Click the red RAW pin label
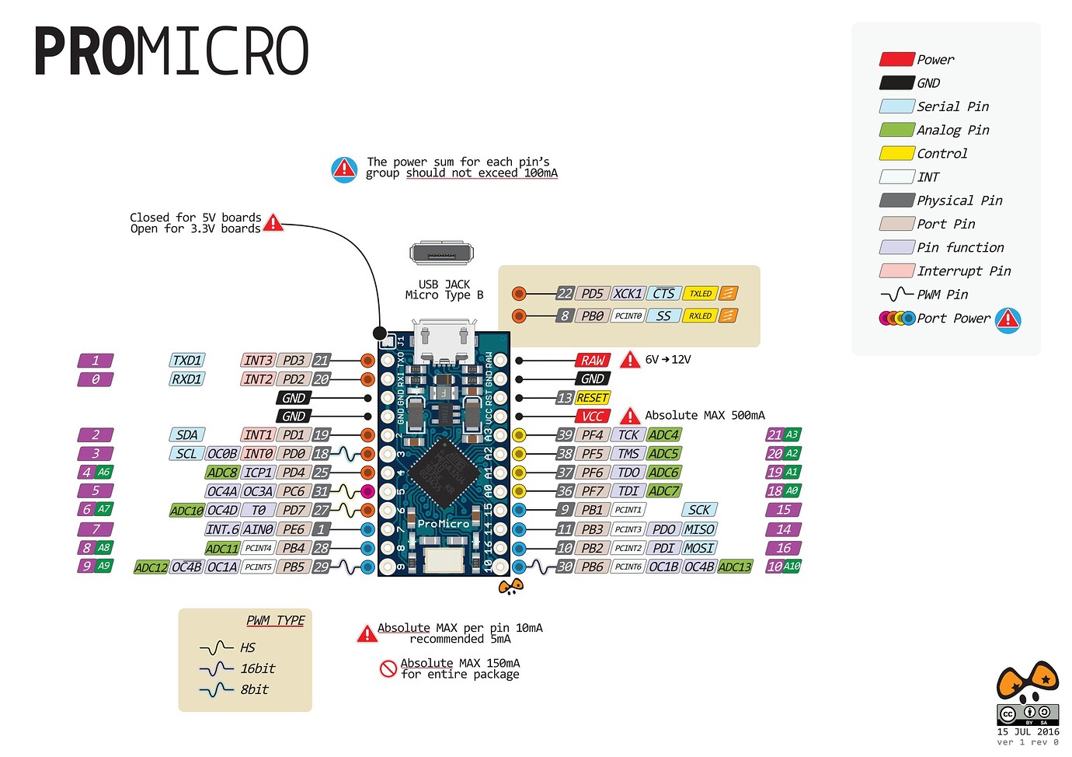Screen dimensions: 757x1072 click(x=592, y=361)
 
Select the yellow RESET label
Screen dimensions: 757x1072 click(x=592, y=398)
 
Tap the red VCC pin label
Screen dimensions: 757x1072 click(x=592, y=417)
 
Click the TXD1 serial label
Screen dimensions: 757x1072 click(x=187, y=361)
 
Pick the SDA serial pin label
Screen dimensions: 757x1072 click(x=186, y=435)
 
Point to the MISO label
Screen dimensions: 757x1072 click(x=699, y=529)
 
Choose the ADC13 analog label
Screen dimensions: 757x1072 click(x=735, y=567)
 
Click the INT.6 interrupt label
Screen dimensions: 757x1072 click(x=222, y=529)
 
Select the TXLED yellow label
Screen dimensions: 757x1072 click(x=700, y=294)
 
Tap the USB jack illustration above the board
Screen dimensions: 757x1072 click(x=441, y=254)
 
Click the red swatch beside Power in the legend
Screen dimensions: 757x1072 click(x=896, y=60)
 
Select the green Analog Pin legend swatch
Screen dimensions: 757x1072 click(x=896, y=130)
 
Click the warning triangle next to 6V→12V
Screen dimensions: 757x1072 click(x=630, y=360)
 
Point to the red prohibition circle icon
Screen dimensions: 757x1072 click(x=388, y=668)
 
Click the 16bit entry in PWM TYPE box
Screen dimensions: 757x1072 click(x=257, y=669)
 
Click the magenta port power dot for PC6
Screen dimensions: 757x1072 click(x=367, y=491)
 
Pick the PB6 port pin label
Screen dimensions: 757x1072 click(x=592, y=567)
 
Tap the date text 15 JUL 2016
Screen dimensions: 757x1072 click(x=1028, y=732)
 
